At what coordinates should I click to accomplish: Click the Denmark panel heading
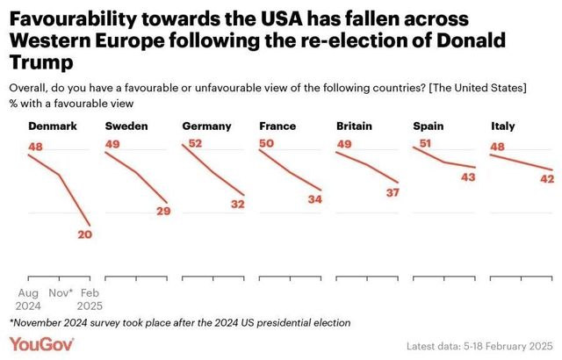tap(53, 126)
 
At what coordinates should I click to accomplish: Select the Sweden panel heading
tap(126, 126)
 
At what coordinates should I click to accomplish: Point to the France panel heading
tap(277, 126)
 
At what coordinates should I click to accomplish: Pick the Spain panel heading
tap(429, 126)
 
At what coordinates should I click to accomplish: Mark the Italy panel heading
tap(502, 126)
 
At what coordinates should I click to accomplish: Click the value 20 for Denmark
tap(84, 234)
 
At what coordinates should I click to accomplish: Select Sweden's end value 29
tap(162, 211)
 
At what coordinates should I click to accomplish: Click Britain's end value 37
tap(393, 192)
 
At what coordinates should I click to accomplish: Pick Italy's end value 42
tap(546, 179)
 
